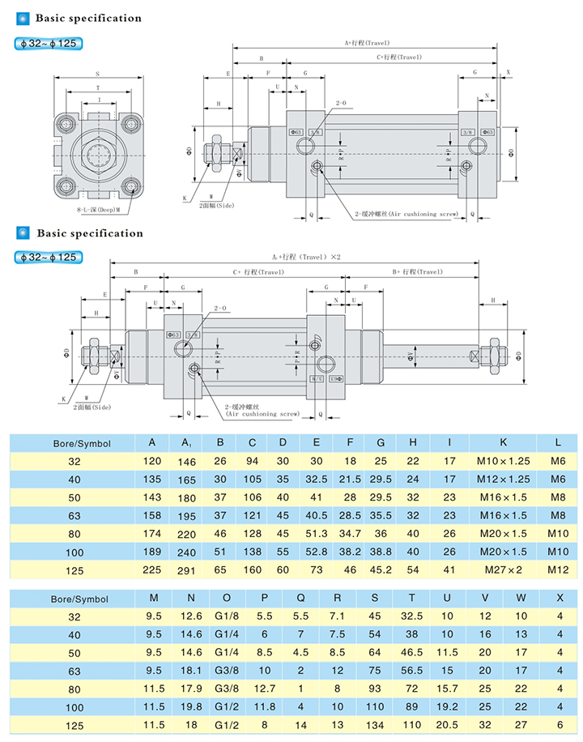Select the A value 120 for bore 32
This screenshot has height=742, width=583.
point(152,461)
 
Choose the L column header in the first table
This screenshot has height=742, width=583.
point(559,442)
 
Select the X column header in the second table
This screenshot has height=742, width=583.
point(560,599)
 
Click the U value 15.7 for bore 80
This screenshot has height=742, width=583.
point(448,689)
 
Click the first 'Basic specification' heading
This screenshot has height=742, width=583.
point(88,18)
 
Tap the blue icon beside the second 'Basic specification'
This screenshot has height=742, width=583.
point(22,233)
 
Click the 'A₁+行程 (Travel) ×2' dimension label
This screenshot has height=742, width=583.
point(306,256)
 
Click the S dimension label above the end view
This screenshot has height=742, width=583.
point(97,73)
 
